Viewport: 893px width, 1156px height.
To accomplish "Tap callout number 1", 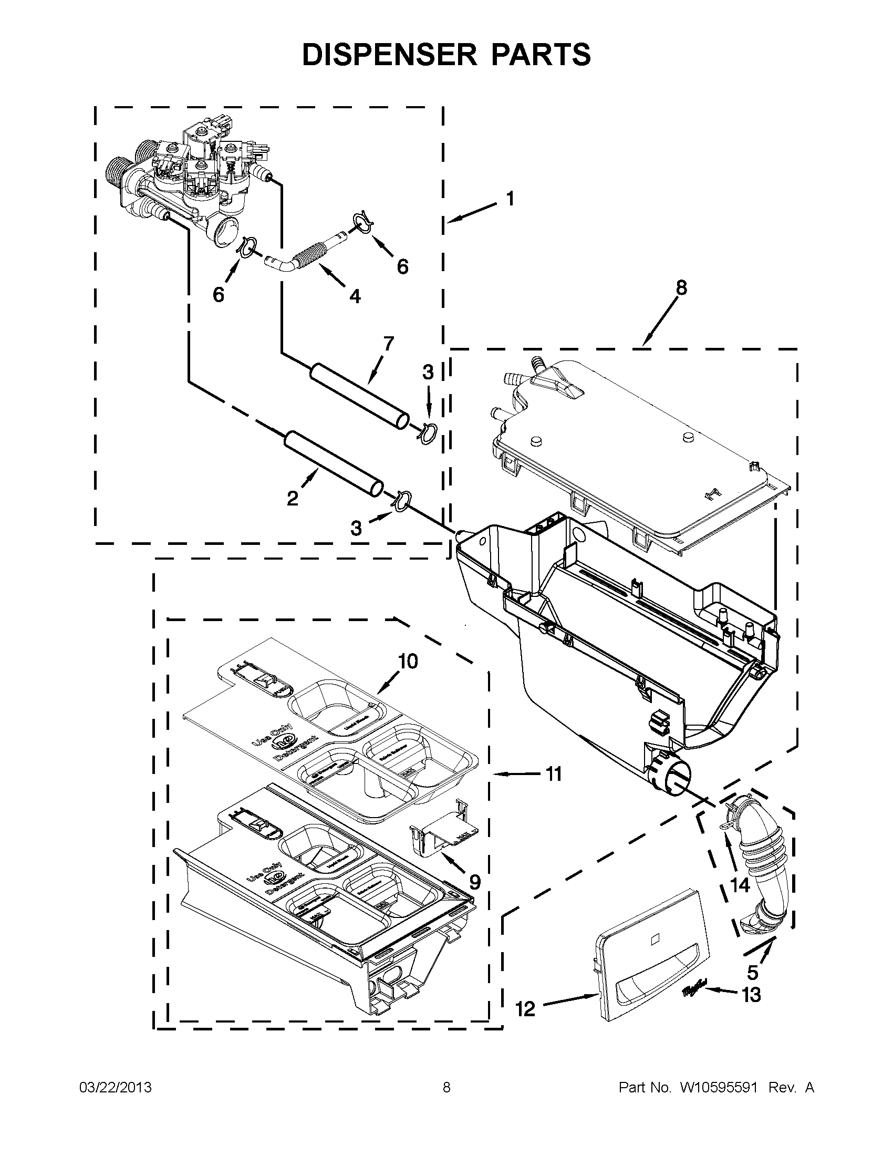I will [510, 200].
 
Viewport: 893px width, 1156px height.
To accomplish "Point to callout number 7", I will [389, 344].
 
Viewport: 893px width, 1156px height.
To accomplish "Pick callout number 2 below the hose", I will [293, 498].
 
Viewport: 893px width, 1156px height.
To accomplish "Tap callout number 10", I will [408, 661].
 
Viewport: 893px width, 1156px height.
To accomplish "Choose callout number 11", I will [553, 775].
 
